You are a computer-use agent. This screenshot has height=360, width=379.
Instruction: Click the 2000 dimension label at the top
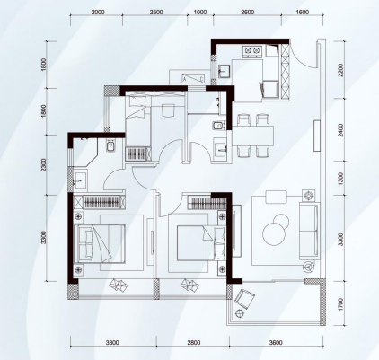[98, 13]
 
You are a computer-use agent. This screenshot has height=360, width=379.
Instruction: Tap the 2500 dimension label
[156, 13]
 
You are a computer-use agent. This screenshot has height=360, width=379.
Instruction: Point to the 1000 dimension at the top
[200, 13]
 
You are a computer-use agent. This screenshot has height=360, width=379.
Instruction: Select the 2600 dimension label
[248, 13]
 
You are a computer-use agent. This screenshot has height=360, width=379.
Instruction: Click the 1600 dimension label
[302, 13]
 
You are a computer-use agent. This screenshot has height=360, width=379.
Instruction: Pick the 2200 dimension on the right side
[340, 70]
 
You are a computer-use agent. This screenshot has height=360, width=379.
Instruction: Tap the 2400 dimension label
[340, 130]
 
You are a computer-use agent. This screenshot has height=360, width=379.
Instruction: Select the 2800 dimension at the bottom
[193, 342]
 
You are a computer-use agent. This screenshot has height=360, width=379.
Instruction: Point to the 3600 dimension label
[276, 342]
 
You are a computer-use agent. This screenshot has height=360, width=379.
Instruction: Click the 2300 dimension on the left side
[44, 165]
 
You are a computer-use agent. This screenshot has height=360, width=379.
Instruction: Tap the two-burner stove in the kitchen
[251, 51]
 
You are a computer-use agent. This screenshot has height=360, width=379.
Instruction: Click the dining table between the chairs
[253, 136]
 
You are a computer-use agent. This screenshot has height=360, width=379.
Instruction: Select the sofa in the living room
[309, 231]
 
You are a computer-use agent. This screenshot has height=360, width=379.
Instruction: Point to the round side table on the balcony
[240, 313]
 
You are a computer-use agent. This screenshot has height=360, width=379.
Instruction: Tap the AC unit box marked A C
[193, 78]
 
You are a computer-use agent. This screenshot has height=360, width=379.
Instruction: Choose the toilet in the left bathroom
[110, 146]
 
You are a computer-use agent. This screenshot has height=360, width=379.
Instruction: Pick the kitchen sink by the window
[224, 71]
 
